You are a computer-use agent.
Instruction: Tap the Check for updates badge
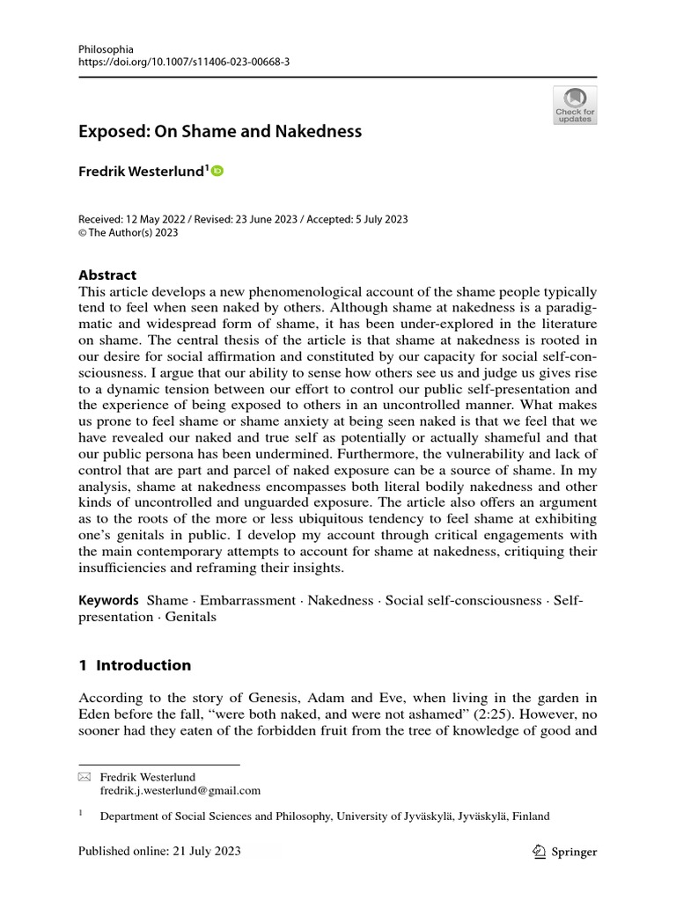(574, 105)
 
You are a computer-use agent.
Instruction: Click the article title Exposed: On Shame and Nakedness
(220, 132)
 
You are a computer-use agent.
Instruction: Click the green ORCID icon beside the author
(217, 171)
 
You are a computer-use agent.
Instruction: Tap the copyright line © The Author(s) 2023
(129, 233)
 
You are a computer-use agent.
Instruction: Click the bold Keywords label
(109, 600)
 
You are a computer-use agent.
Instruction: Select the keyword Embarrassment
(248, 600)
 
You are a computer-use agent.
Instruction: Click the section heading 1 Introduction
(135, 664)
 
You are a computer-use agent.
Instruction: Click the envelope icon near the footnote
(84, 777)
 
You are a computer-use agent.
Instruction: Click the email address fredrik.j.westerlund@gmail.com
(180, 791)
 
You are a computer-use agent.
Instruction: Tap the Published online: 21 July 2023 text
(159, 852)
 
